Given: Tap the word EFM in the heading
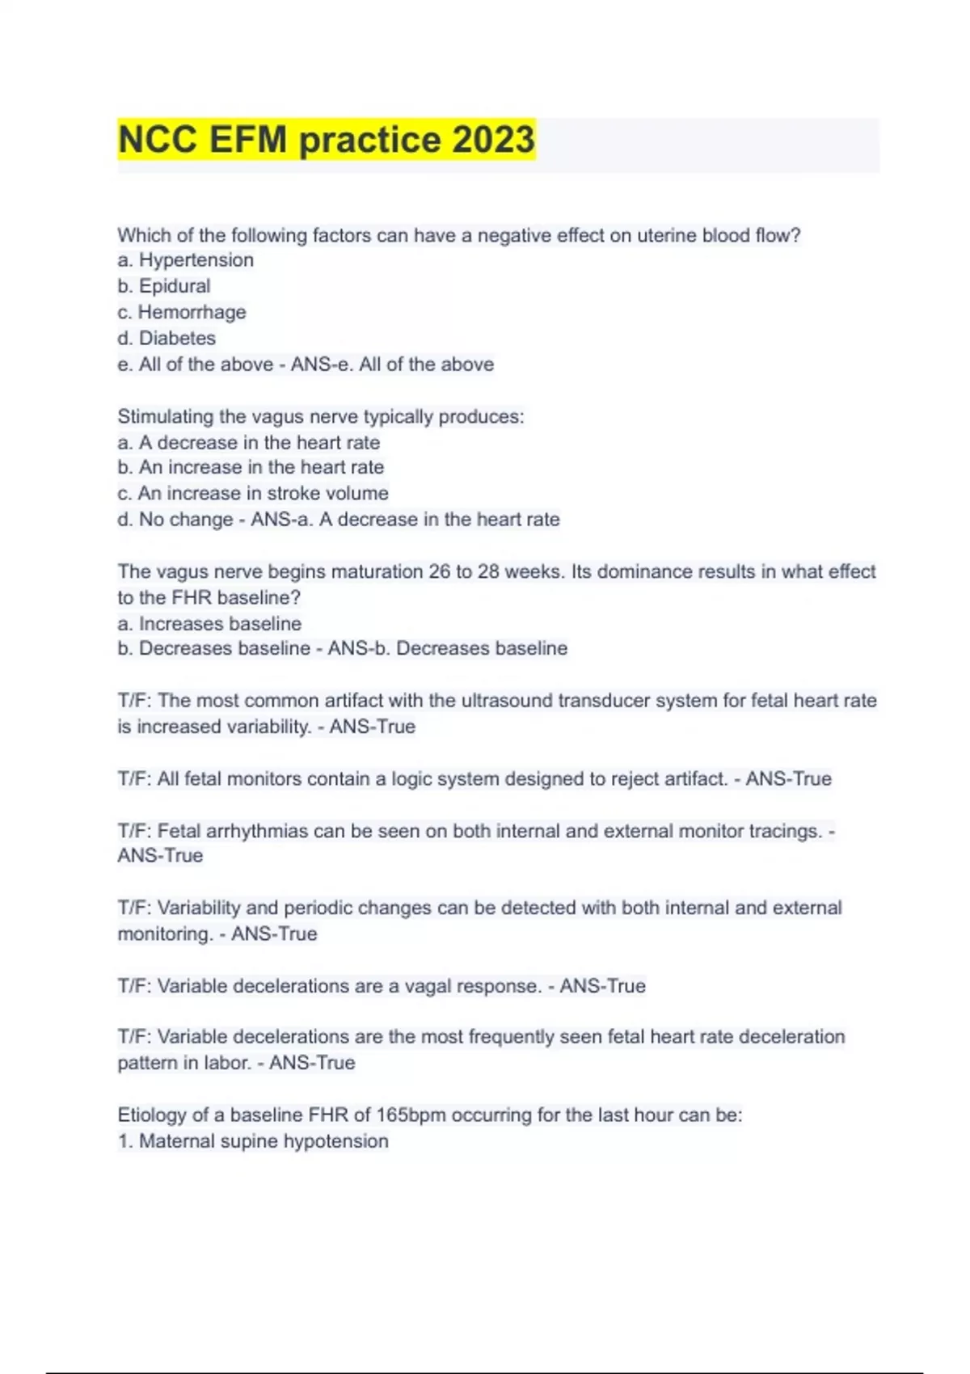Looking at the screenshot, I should click(248, 139).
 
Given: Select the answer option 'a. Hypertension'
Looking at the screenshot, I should click(185, 260).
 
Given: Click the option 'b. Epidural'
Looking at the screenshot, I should click(163, 286).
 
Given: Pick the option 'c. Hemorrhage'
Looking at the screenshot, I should click(181, 312).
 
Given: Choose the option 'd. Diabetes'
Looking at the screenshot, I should click(166, 338).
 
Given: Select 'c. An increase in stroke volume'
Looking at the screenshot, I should click(252, 493).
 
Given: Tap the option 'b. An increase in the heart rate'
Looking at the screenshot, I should click(250, 467).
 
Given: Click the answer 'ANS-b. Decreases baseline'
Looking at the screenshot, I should click(447, 648).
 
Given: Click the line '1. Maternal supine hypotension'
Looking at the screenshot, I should click(252, 1141).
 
